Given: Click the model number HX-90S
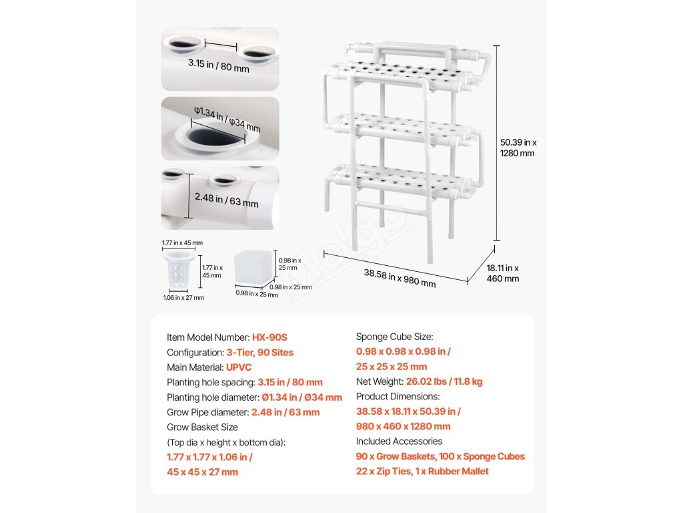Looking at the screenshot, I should coord(269,338).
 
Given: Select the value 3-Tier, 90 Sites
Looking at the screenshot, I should coord(259,353).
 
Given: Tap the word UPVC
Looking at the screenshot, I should coord(239,367).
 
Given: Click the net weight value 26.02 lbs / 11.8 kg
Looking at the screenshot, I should coord(444,382).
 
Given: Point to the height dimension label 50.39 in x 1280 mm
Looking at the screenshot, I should coord(518,148).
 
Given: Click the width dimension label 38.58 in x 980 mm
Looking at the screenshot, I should coord(400,278).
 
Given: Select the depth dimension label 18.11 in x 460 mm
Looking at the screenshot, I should coord(503,273).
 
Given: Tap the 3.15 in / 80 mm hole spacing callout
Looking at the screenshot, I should coord(218,65).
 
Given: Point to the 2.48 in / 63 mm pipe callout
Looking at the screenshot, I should coord(226,199).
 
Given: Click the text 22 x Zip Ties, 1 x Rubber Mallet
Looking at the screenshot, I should coord(422,472).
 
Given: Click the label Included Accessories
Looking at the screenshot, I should coord(399,442).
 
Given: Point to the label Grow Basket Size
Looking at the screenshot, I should coord(202,427).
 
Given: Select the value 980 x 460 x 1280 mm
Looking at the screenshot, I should coord(403,426).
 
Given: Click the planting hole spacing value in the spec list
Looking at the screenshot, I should coord(290,383).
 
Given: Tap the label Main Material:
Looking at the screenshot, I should coord(195,367).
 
